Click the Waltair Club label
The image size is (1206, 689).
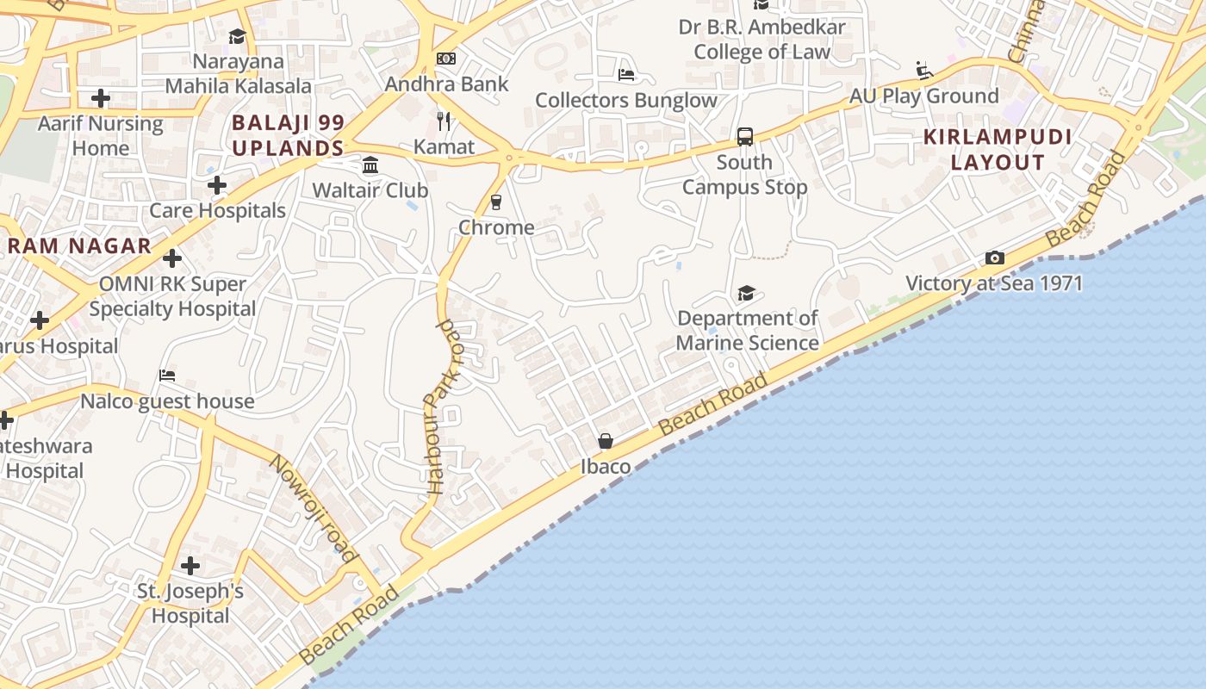click(x=370, y=189)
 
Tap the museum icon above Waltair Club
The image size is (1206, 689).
click(x=370, y=164)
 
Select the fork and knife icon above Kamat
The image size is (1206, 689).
click(x=444, y=121)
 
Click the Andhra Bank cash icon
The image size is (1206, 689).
click(x=446, y=59)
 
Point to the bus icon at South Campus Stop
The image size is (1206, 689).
click(x=745, y=137)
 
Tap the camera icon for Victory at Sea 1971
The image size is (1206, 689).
click(x=994, y=258)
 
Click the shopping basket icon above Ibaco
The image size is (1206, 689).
click(x=606, y=441)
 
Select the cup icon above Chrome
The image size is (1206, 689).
click(x=496, y=202)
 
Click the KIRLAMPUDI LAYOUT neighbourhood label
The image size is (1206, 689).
click(x=985, y=150)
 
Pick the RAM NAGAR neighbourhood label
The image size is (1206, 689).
click(x=79, y=245)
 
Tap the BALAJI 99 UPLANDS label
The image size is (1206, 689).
click(x=288, y=135)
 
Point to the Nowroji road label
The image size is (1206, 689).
click(x=314, y=508)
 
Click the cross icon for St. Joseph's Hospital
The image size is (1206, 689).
click(x=190, y=566)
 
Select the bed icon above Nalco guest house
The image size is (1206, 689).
click(x=167, y=376)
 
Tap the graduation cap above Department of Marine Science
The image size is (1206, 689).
click(x=746, y=294)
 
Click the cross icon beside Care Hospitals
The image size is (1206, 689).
click(x=217, y=185)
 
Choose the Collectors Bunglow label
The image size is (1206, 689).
click(x=626, y=100)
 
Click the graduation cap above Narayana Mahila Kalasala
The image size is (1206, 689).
click(x=237, y=36)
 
